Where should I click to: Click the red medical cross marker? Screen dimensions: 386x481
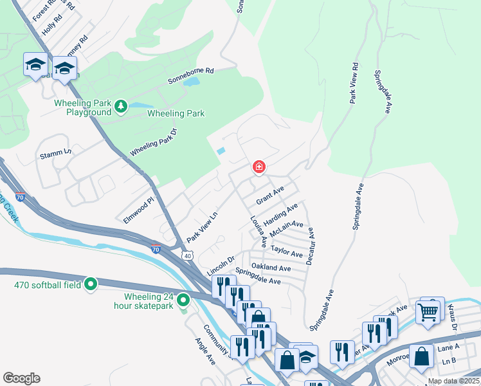coord(259,168)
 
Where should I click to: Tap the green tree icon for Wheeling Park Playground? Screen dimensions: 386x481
coord(120,105)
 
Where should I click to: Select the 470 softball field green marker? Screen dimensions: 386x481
coord(91,283)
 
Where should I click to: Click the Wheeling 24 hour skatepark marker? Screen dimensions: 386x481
coord(183,300)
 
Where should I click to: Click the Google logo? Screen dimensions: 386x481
coord(21,378)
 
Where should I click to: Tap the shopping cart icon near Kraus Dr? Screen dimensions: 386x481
coord(428,313)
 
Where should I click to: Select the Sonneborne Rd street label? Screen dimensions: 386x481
coord(190,76)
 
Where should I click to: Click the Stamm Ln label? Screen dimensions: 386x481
coord(55,154)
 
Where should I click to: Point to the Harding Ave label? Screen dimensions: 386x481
coord(281,214)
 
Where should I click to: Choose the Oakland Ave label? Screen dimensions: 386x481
coord(271,268)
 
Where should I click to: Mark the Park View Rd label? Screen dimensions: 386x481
coord(354,84)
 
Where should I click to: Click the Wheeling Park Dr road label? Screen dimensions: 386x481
coord(153,142)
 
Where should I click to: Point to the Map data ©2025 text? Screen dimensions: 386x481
coord(453,381)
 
